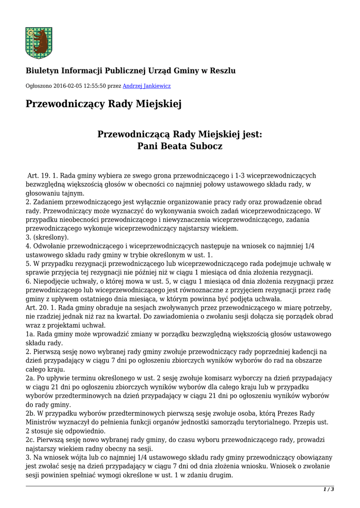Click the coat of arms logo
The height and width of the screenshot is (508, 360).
coord(39,43)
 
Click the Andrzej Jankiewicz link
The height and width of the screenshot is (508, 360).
coord(146,86)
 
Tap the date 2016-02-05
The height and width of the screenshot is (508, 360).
coord(67,86)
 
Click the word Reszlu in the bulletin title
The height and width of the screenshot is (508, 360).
coord(222,70)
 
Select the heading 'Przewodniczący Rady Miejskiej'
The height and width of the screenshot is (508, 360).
coord(104,104)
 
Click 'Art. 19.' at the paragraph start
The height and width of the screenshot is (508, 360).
coord(39,176)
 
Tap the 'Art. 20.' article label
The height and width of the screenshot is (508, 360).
coord(37,308)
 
